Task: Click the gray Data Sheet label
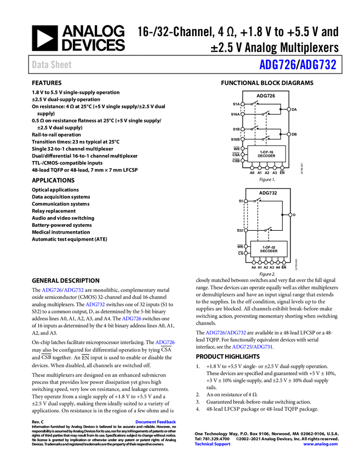pos(52,65)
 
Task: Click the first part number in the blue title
pos(277,65)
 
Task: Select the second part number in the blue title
pos(318,65)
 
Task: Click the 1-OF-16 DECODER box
pos(266,154)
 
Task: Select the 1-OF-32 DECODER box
pos(268,249)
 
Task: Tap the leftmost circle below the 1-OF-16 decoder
pos(252,168)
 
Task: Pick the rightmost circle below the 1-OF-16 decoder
pos(282,168)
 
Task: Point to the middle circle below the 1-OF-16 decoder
pos(267,168)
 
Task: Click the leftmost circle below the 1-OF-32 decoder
pos(254,263)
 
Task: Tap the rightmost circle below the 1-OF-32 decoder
pos(283,263)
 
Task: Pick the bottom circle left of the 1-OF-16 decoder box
pos(243,161)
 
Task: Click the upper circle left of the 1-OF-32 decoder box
pos(245,246)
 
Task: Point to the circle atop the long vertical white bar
pos(245,201)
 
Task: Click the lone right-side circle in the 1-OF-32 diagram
pos(290,214)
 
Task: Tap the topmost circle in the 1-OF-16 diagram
pos(242,103)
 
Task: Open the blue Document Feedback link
pos(156,422)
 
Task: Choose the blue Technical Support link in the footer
pos(213,444)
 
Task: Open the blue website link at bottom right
pos(320,444)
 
